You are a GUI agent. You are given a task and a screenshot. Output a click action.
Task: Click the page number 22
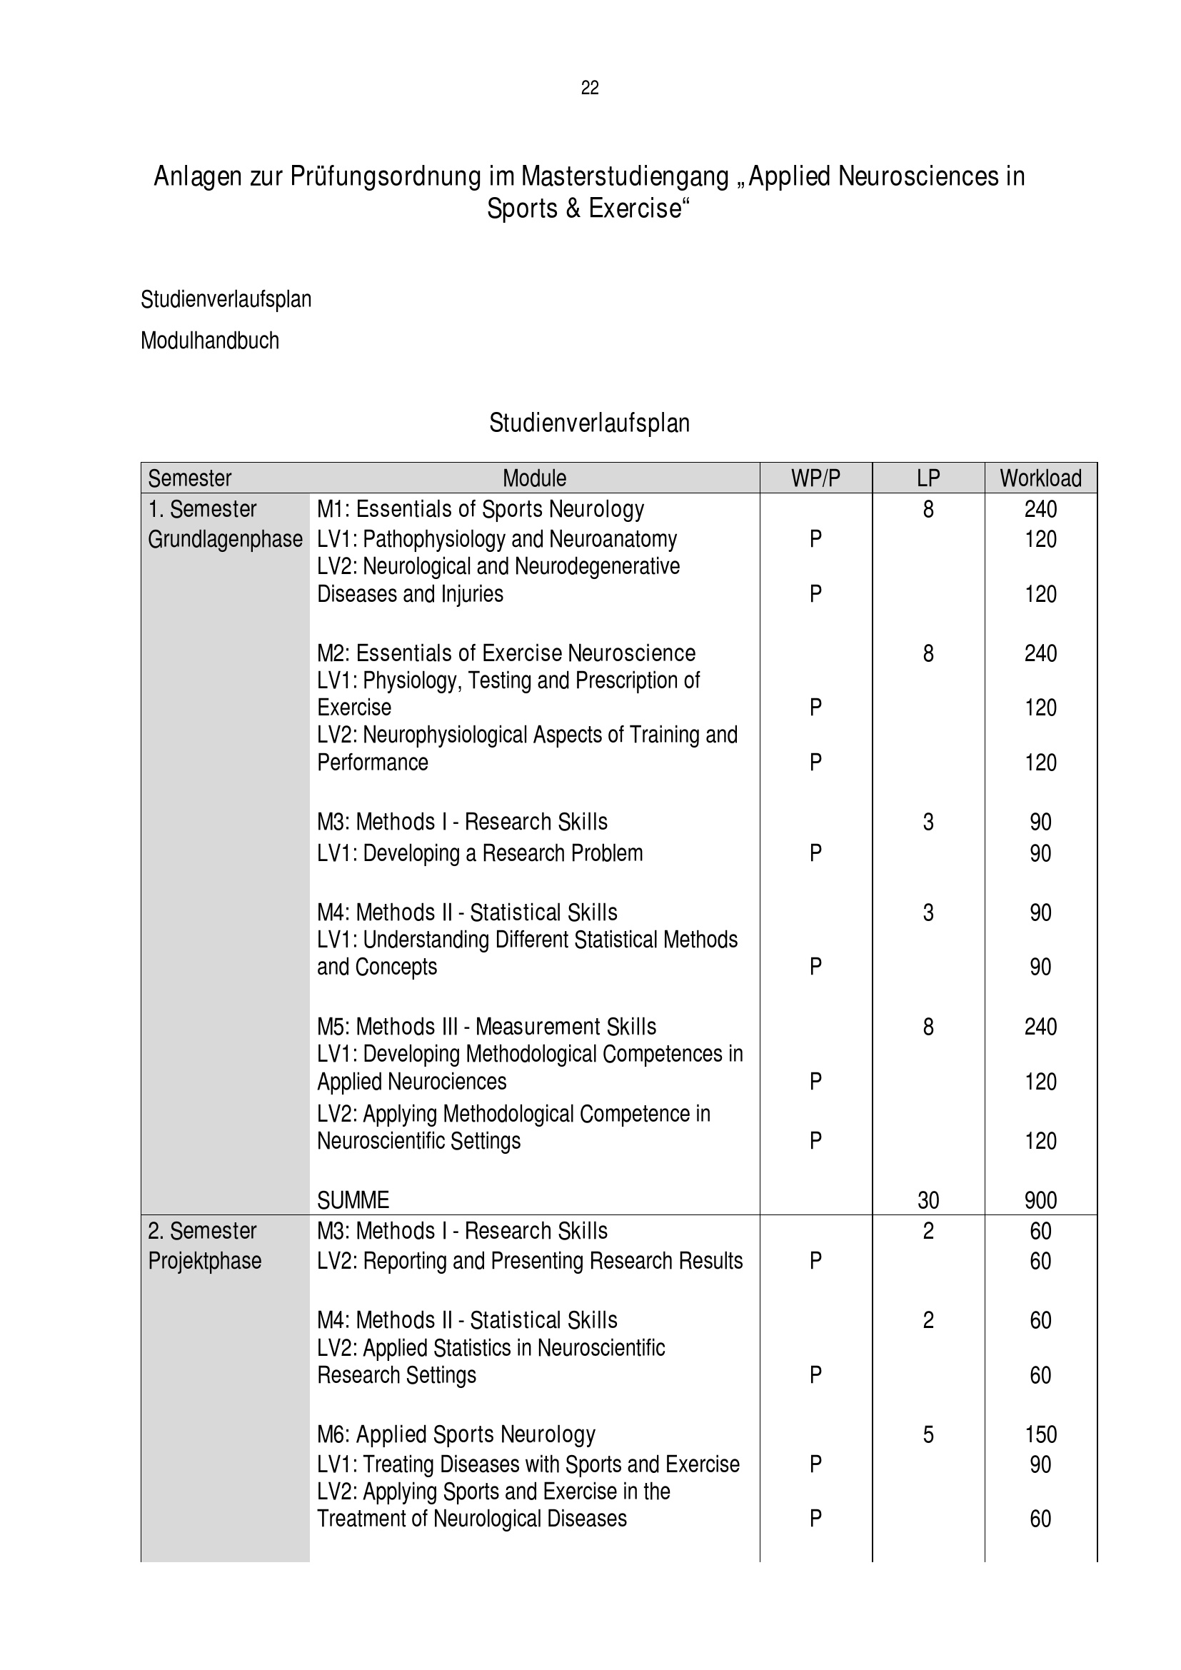tap(590, 88)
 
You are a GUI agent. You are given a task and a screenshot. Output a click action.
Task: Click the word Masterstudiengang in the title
tap(625, 177)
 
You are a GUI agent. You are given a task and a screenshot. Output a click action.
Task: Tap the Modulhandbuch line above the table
tap(209, 341)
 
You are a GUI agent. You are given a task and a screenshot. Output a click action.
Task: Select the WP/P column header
tap(815, 478)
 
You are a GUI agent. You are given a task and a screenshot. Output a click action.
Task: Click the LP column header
tap(928, 478)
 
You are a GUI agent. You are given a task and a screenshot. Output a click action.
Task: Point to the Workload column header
tap(1040, 478)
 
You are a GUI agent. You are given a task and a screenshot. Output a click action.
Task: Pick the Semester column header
tap(190, 478)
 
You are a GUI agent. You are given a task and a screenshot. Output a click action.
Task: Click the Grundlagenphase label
tap(225, 539)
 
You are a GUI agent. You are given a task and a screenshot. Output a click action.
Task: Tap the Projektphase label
tap(204, 1260)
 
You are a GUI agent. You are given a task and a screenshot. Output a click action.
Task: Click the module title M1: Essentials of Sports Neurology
tap(480, 508)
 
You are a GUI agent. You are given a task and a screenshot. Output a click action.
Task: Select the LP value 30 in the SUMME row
tap(928, 1199)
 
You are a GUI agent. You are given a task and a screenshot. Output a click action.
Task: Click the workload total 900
tap(1040, 1199)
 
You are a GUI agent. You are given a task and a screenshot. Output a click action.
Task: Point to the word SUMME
tap(353, 1199)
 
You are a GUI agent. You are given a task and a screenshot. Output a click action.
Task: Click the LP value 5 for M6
tap(928, 1434)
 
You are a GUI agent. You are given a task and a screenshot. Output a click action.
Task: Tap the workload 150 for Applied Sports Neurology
tap(1040, 1434)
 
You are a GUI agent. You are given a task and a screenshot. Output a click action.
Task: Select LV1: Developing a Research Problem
tap(480, 852)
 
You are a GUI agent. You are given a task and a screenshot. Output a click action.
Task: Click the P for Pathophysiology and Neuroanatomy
tap(815, 539)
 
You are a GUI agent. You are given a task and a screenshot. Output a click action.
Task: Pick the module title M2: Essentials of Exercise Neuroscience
tap(506, 653)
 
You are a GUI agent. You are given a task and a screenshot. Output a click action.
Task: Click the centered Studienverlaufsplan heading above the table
tap(589, 423)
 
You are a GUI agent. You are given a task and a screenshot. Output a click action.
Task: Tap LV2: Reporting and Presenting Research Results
tap(529, 1260)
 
